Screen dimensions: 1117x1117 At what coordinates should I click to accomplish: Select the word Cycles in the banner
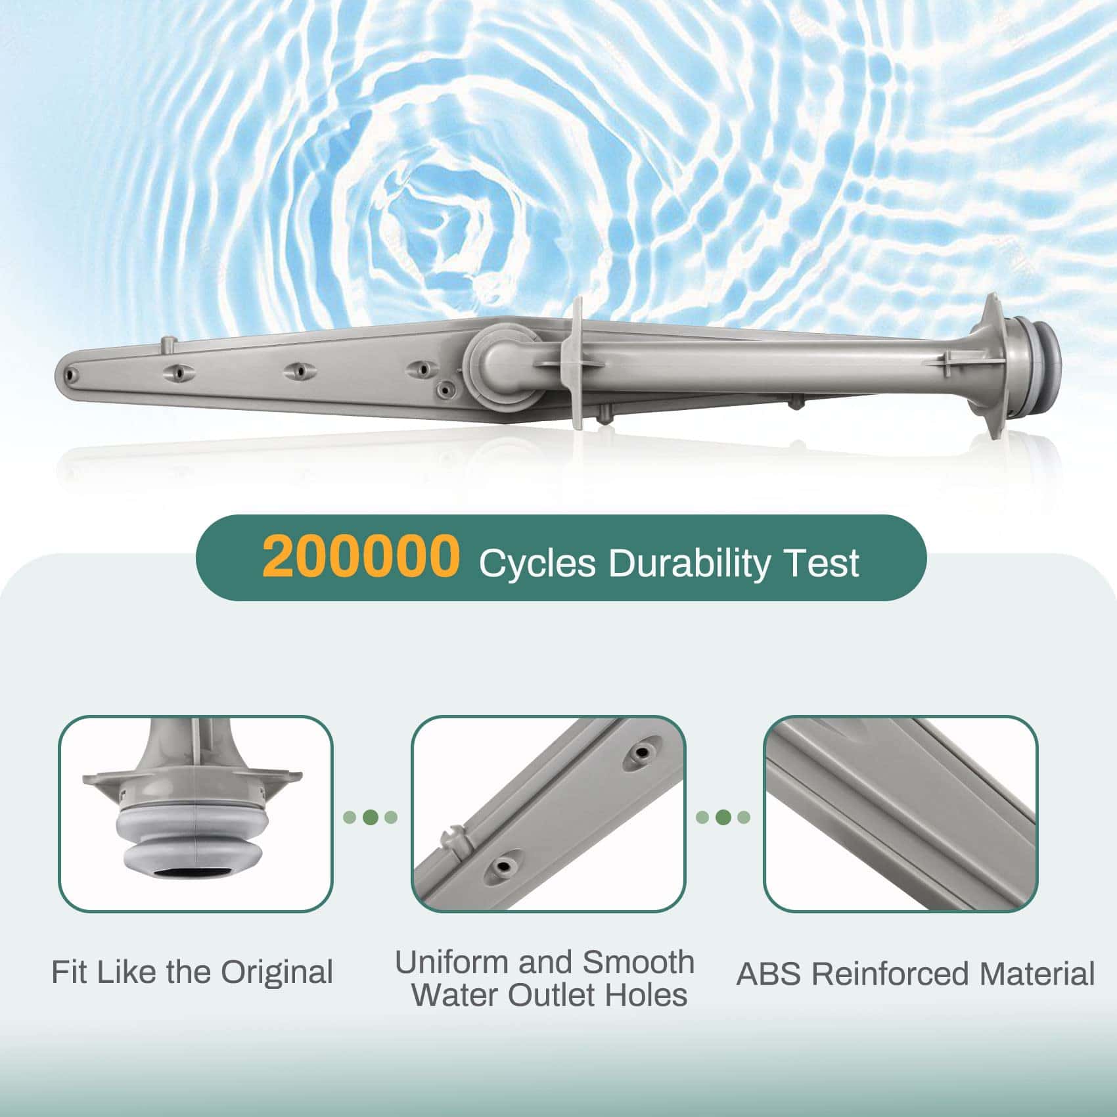point(537,563)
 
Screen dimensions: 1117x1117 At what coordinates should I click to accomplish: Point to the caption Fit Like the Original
point(192,972)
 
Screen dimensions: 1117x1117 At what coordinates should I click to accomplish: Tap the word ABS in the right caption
point(768,974)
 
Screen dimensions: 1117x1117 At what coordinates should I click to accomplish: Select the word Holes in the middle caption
point(646,995)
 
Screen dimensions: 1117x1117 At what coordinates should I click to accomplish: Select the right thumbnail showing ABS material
point(901,813)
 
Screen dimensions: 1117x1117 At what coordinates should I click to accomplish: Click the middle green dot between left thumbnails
point(371,817)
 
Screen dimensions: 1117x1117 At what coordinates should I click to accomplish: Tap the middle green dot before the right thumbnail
point(723,817)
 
